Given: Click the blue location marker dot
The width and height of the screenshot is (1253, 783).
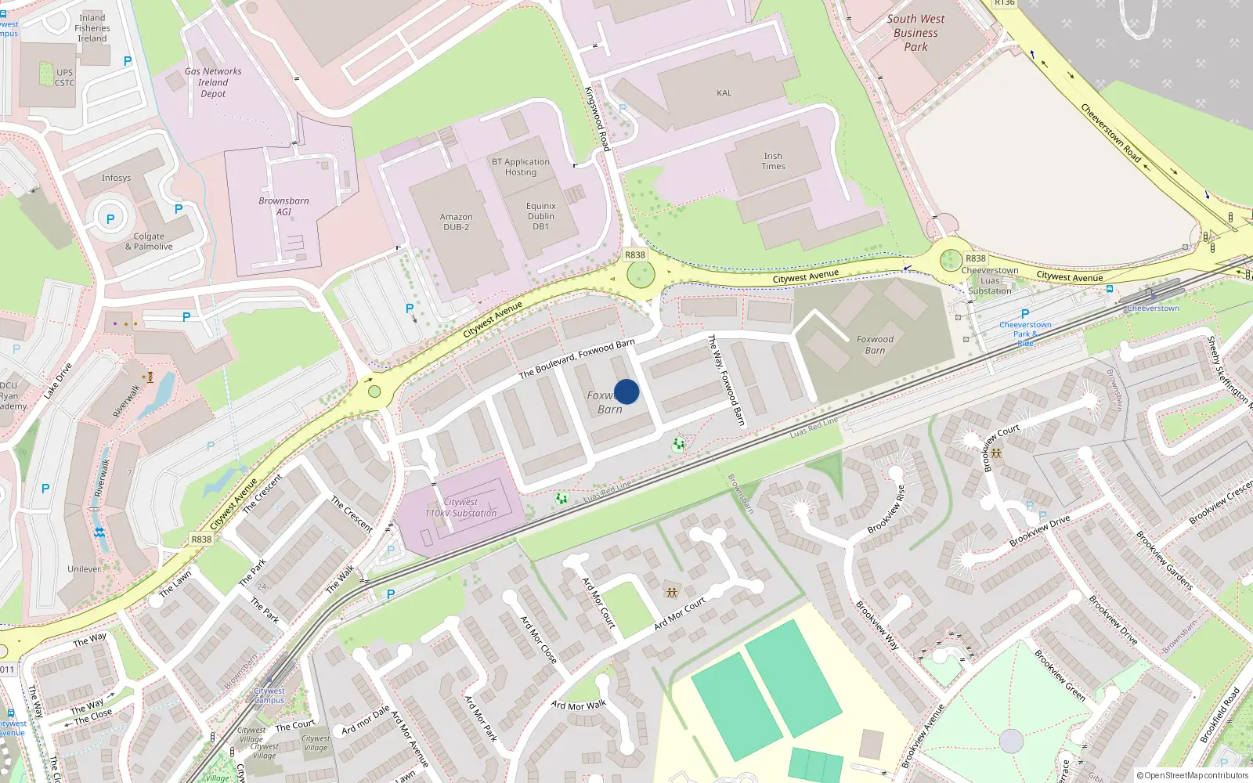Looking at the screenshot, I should coord(626,391).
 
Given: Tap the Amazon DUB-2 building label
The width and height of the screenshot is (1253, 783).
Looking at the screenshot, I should coord(456,222).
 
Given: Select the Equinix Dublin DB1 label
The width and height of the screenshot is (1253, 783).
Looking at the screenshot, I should coord(540,216).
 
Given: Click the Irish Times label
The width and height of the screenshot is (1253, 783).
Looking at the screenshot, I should coord(773,161).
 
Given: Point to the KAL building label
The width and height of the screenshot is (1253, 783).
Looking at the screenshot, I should coord(724,93).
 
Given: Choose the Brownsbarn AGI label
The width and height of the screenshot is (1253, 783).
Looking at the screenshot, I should coord(283,206).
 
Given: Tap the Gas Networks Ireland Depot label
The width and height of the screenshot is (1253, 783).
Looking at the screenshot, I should coord(213,82).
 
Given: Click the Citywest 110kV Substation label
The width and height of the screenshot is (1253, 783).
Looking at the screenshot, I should coord(460,507).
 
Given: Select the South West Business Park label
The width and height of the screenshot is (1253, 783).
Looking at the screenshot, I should coord(915,33).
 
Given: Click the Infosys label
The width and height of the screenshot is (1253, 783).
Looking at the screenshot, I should coord(116,178).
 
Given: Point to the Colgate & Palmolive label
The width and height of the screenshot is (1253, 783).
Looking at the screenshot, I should coord(149,241).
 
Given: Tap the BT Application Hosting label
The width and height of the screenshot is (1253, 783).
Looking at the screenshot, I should coord(521,167).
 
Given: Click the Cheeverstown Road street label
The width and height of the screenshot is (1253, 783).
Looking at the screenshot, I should coord(1110,132).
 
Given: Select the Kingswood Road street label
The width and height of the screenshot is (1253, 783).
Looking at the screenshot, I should coord(597,118).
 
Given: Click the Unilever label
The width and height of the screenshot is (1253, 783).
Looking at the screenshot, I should coord(84,569).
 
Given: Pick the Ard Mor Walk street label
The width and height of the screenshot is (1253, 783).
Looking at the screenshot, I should coord(579,705).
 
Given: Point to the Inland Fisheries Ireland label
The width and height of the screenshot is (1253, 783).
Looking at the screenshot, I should coord(92,28).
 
